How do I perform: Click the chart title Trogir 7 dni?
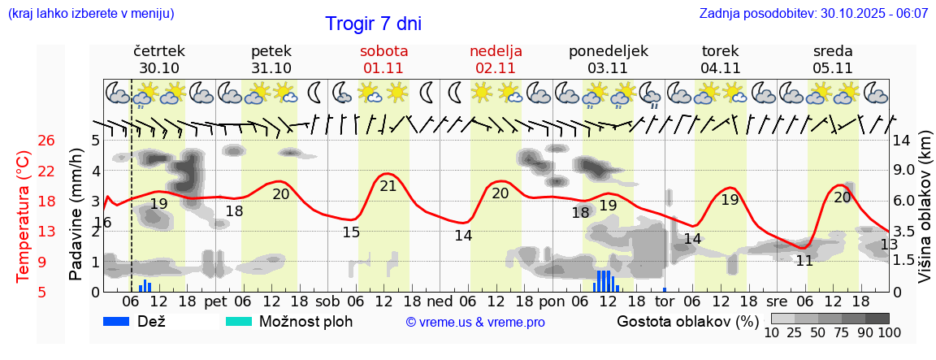click(x=373, y=24)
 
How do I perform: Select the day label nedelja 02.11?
click(x=496, y=59)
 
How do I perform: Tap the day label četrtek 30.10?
click(x=159, y=59)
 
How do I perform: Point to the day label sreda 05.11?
click(x=833, y=59)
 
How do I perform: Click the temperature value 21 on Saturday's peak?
click(x=388, y=185)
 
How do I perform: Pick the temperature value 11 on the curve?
click(x=804, y=261)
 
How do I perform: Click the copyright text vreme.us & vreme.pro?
click(x=475, y=323)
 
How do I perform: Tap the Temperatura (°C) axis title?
click(x=24, y=216)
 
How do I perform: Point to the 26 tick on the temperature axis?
click(x=46, y=141)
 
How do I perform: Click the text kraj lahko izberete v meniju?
click(x=90, y=14)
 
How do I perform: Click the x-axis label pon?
click(x=552, y=301)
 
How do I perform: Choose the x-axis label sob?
click(x=327, y=301)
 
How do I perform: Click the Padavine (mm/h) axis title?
click(x=76, y=215)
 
